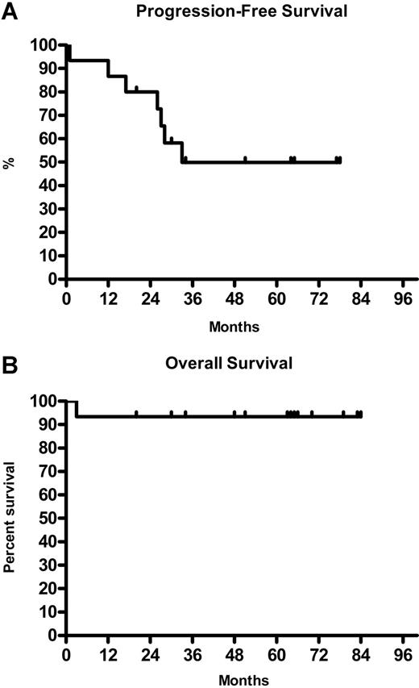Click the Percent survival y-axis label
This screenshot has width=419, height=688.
pyautogui.click(x=10, y=517)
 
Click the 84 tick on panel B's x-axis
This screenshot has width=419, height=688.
pyautogui.click(x=361, y=651)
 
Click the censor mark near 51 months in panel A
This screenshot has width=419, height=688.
pyautogui.click(x=245, y=160)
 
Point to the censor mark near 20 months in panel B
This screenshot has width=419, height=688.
pyautogui.click(x=136, y=415)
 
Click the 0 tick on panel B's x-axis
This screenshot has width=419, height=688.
pyautogui.click(x=66, y=651)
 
